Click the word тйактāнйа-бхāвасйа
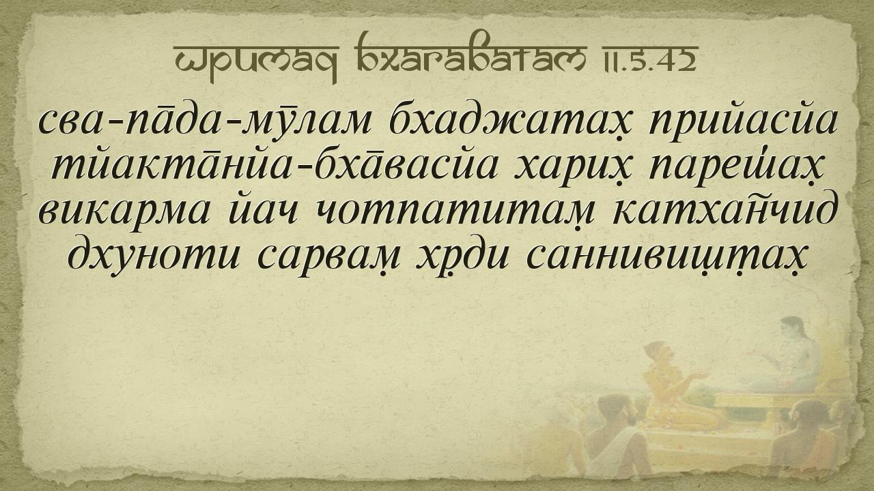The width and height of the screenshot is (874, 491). point(274,168)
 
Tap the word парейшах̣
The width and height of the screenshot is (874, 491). point(737,170)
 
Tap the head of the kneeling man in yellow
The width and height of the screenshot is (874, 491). point(659,353)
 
